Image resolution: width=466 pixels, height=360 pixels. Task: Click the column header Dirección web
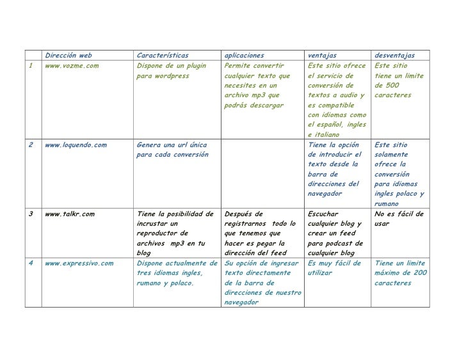[68, 56]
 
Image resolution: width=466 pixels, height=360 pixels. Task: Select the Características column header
[163, 56]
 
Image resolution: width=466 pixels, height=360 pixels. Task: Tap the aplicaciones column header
[242, 56]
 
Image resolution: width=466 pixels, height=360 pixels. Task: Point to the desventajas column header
[394, 56]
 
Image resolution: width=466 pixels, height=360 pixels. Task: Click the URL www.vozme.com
[72, 66]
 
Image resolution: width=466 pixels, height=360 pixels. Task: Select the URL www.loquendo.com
[76, 145]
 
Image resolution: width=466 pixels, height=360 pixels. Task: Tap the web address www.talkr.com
[70, 214]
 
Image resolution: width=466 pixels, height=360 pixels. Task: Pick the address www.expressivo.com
[79, 263]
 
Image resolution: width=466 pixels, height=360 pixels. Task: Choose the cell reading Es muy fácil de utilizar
[335, 268]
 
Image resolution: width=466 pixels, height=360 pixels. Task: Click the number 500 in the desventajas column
[392, 86]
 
